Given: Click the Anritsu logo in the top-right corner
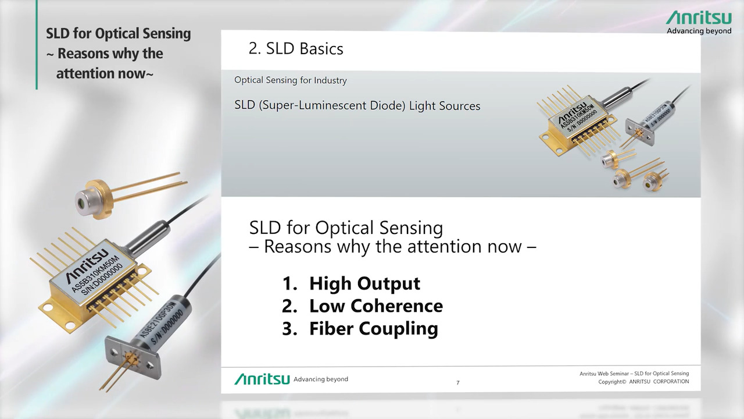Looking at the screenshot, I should (x=698, y=17).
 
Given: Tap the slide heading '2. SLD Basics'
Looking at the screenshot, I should (x=295, y=49).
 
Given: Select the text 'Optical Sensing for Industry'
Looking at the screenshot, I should (x=290, y=80).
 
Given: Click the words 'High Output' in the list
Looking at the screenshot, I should (x=364, y=283).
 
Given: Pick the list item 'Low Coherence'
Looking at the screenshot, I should (x=375, y=306).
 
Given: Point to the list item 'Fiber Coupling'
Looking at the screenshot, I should (x=373, y=329).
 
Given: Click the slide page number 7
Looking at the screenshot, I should (x=458, y=382).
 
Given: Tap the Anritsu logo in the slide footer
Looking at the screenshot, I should (x=262, y=379).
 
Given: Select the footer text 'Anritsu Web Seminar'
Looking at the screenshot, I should (x=604, y=374).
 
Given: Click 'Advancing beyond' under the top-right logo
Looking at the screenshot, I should (x=698, y=31).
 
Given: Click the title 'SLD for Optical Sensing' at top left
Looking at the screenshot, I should (x=119, y=34).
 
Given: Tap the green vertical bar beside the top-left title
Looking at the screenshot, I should (x=37, y=44).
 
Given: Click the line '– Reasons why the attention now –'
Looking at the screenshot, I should (x=392, y=247).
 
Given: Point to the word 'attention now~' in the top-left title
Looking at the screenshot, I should (x=105, y=74).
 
